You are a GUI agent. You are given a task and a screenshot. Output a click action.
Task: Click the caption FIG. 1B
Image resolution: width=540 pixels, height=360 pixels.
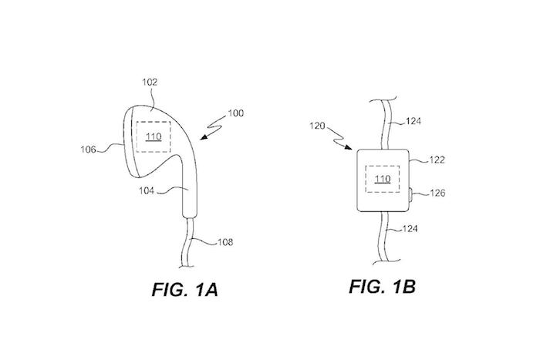click(x=383, y=288)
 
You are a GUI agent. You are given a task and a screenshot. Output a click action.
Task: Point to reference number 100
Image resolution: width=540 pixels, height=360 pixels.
click(x=236, y=113)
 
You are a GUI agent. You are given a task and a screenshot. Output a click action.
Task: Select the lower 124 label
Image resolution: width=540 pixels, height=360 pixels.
click(x=415, y=230)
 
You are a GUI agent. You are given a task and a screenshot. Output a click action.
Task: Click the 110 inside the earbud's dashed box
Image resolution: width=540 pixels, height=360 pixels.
click(x=152, y=137)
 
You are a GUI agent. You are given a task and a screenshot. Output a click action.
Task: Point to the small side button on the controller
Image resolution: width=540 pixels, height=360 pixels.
click(x=410, y=195)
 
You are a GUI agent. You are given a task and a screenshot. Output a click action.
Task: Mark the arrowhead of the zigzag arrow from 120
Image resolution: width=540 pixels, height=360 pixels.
click(x=353, y=150)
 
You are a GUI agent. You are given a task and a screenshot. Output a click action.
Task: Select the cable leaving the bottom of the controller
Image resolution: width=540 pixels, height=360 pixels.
click(x=385, y=235)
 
